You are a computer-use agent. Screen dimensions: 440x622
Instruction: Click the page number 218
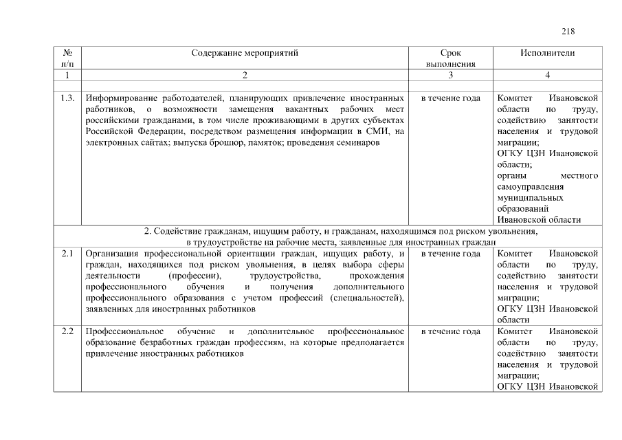pyautogui.click(x=568, y=31)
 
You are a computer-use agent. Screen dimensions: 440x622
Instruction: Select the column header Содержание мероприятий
pyautogui.click(x=245, y=53)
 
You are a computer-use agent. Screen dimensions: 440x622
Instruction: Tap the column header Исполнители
pyautogui.click(x=548, y=53)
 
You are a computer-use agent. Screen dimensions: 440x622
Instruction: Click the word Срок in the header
pyautogui.click(x=450, y=53)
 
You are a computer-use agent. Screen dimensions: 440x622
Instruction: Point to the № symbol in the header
pyautogui.click(x=68, y=53)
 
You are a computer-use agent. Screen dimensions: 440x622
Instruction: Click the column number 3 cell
pyautogui.click(x=450, y=74)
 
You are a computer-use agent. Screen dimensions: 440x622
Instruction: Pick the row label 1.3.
pyautogui.click(x=67, y=98)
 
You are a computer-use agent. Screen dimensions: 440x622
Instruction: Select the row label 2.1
pyautogui.click(x=67, y=254)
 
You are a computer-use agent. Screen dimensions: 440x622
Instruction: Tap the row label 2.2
pyautogui.click(x=67, y=331)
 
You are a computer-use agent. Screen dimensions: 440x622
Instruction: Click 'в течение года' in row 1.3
pyautogui.click(x=450, y=98)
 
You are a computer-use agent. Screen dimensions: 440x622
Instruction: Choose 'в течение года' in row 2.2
pyautogui.click(x=450, y=331)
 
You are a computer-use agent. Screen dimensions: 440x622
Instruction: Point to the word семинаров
pyautogui.click(x=357, y=142)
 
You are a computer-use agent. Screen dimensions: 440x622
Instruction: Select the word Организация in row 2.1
pyautogui.click(x=113, y=254)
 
